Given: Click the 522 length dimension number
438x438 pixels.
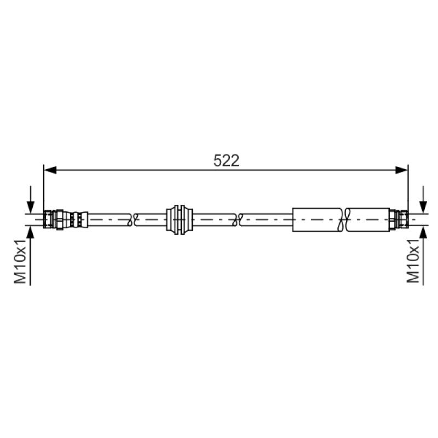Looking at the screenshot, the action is coord(226,160).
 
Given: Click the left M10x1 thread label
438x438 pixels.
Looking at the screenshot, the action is coord(20,261).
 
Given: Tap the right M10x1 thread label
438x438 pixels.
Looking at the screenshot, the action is coord(413,261).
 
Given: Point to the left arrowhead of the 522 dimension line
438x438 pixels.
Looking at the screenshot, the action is coord(50,170).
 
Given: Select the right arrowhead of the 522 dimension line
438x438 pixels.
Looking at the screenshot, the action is coord(401,170).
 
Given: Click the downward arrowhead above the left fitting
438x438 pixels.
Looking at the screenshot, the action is coord(31,208).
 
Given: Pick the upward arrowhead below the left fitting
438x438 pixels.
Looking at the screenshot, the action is coord(31,232).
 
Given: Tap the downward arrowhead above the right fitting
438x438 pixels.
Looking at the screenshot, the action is coord(423,208).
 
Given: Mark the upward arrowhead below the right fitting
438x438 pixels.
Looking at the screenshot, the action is coord(423,232).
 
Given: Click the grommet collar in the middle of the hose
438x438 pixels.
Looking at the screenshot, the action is coord(180,220).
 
